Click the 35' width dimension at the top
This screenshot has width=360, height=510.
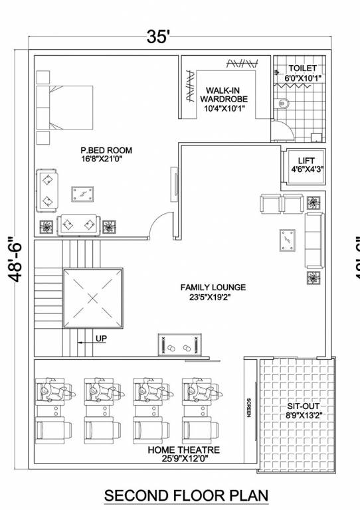coord(159,37)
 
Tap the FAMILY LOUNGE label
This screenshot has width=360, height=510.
coord(213,288)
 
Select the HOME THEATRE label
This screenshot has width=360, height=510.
coord(183,450)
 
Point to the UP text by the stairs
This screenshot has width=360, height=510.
coord(101,339)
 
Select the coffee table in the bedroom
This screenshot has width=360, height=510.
coord(83,193)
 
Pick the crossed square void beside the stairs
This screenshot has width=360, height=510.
coord(92,299)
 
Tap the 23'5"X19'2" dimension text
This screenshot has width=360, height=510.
coord(213,297)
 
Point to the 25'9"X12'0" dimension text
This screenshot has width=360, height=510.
coord(183,460)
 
